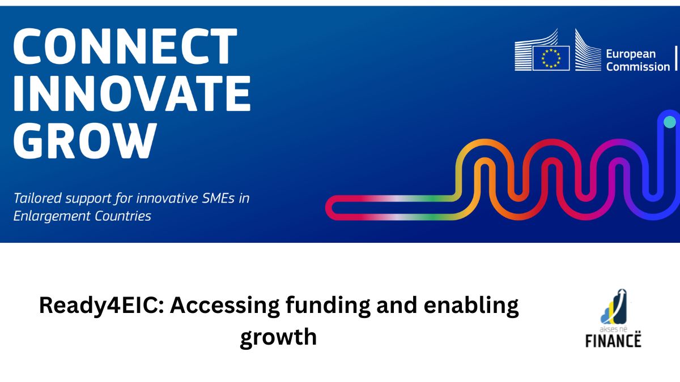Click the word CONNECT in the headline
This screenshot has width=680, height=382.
(x=125, y=46)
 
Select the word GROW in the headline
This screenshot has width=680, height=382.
(x=86, y=141)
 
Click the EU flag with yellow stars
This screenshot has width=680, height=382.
(x=551, y=58)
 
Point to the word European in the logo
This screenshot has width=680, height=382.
(x=631, y=54)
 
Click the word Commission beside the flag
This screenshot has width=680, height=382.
(x=638, y=67)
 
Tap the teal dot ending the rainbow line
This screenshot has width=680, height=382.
(x=670, y=122)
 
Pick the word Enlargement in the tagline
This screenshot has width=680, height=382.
(x=52, y=217)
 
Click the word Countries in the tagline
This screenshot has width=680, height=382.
(x=123, y=216)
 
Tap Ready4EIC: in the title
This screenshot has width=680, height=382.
(x=101, y=306)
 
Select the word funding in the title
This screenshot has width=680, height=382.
(x=328, y=306)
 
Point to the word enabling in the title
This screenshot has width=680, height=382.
(x=471, y=306)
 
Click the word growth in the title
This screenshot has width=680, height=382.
(x=278, y=337)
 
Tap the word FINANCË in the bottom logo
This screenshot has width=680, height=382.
(x=613, y=340)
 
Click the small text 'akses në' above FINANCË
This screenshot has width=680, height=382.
(x=613, y=329)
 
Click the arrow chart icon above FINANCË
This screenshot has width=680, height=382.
(x=614, y=307)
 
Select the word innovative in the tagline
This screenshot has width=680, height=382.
(x=167, y=198)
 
